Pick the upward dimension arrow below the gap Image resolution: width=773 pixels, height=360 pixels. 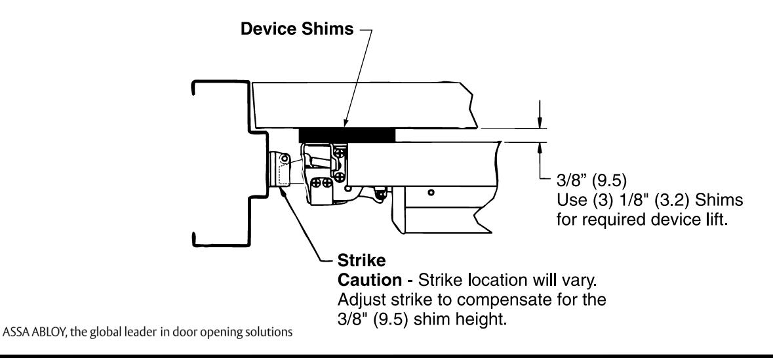(x=539, y=147)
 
